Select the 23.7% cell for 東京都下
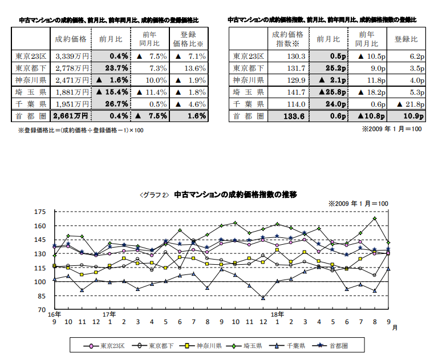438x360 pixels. [112, 68]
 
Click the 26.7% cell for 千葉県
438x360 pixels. [112, 104]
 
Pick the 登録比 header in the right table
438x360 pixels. [405, 39]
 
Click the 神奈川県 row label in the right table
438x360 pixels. [248, 80]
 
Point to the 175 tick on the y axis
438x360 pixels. [40, 212]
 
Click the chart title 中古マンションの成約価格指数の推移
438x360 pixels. [235, 195]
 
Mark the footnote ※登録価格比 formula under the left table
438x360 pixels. [80, 131]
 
